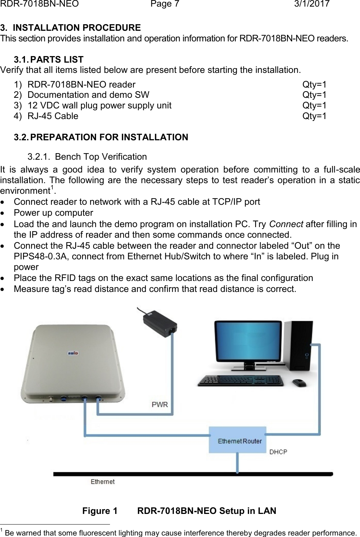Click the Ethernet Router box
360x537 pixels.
(238, 440)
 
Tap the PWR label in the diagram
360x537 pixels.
(160, 404)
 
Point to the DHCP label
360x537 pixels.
(278, 452)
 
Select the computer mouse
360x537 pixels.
(300, 383)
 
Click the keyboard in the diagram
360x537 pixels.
(240, 380)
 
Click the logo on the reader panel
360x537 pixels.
(73, 353)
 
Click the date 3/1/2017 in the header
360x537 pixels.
(312, 4)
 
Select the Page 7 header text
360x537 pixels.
(165, 4)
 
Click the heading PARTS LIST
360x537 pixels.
(57, 59)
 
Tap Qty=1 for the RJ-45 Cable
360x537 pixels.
(314, 116)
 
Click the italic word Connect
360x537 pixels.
(286, 224)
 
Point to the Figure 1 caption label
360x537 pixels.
(100, 511)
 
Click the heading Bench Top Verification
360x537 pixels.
(101, 157)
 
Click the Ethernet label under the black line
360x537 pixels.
(103, 482)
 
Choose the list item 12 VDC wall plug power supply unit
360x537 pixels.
(99, 105)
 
